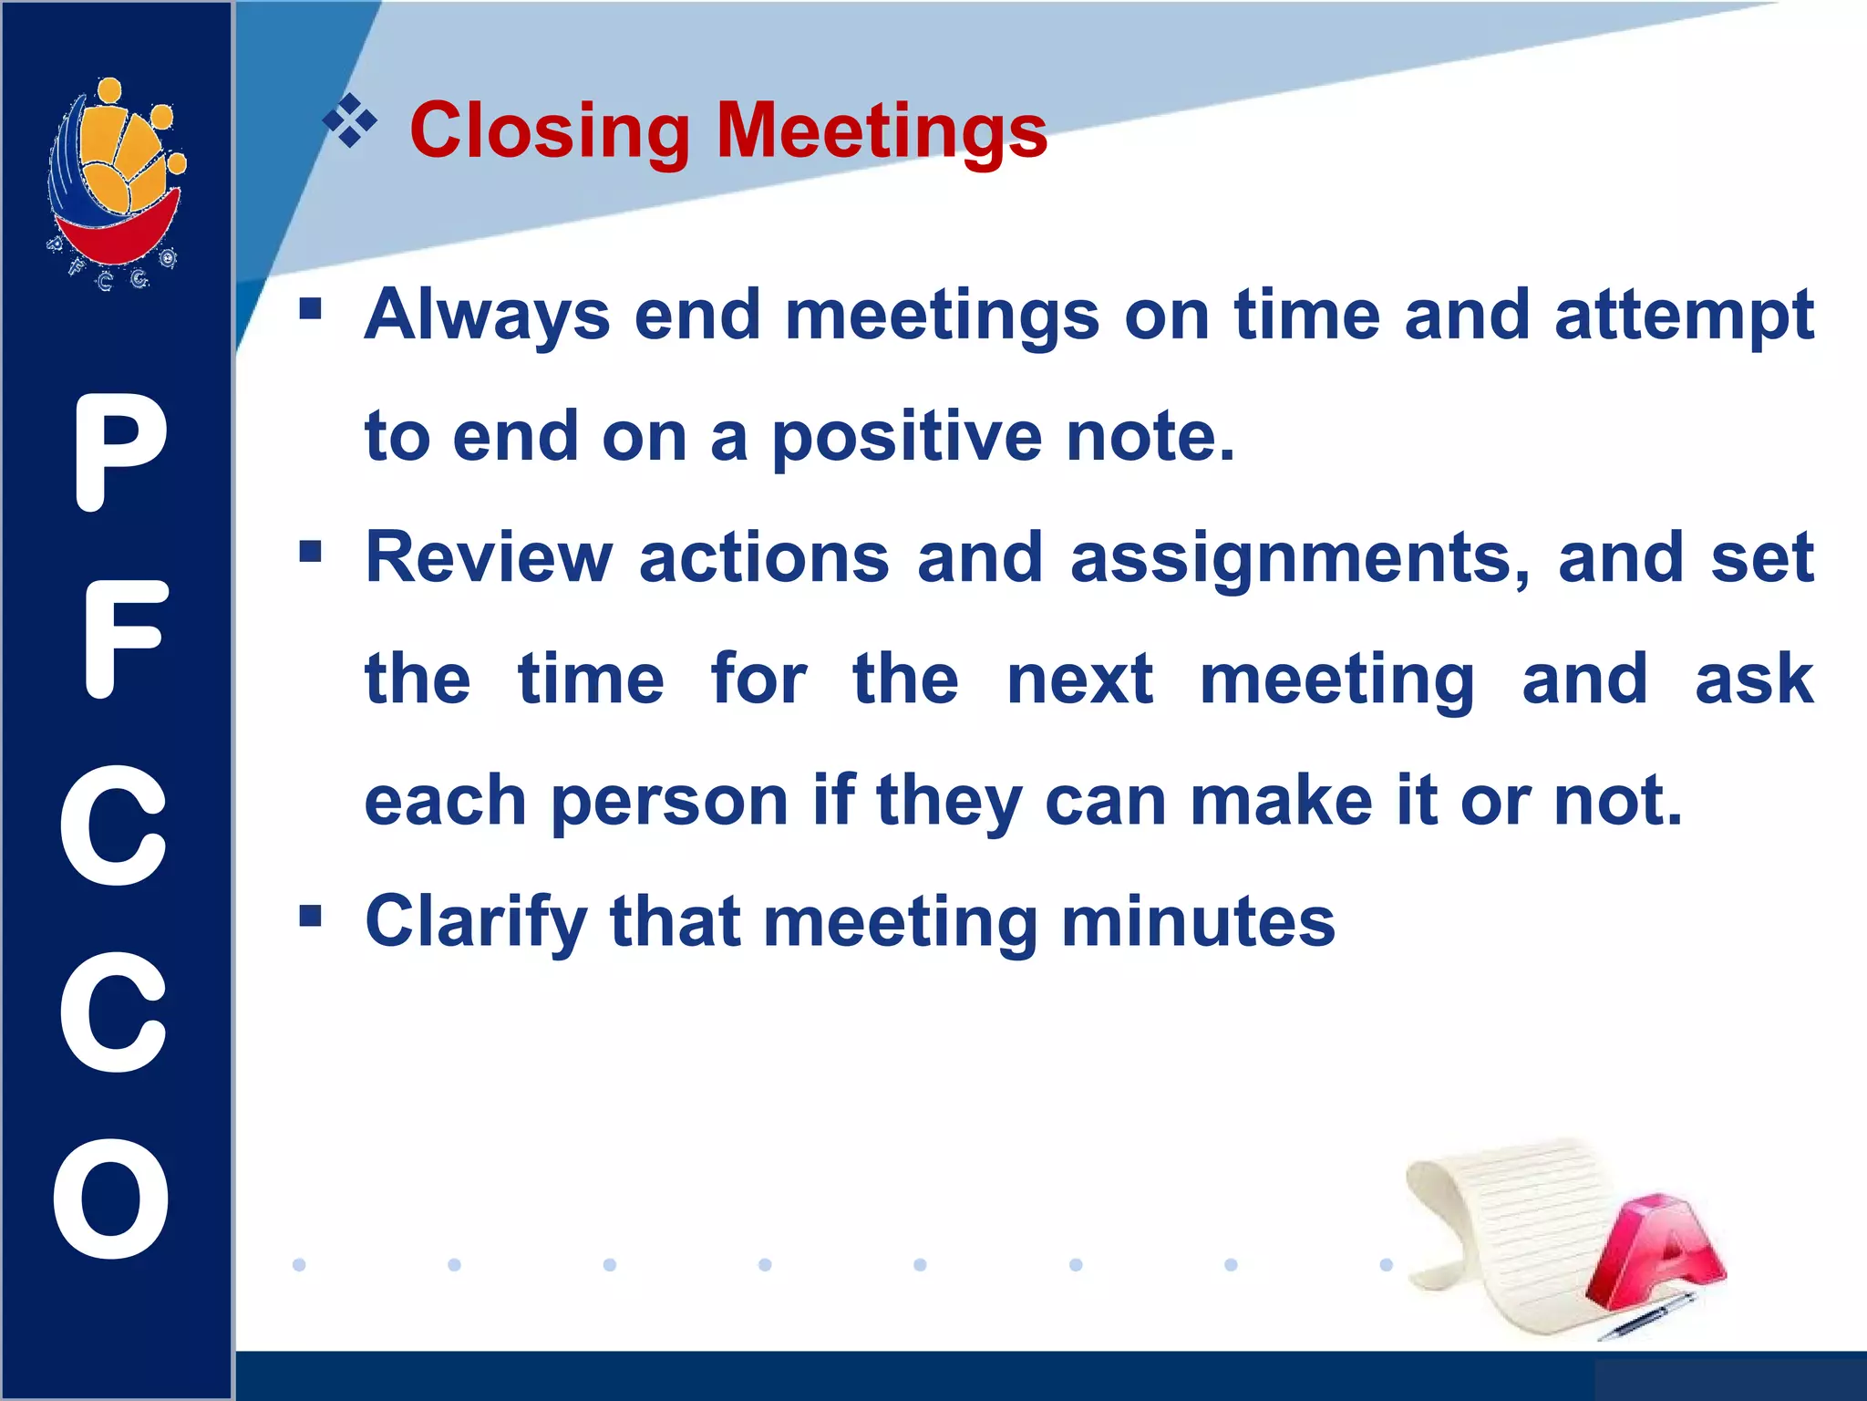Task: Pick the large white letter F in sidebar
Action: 124,639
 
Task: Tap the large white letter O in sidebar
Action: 112,1199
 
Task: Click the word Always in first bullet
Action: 487,316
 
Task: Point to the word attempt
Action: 1684,316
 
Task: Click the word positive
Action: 907,438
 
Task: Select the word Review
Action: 489,558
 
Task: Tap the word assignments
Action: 1300,558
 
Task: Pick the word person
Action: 669,802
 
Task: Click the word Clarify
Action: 475,922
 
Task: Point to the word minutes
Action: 1198,922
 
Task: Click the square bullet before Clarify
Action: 311,915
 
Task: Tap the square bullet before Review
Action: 311,551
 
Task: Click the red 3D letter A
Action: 1655,1254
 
